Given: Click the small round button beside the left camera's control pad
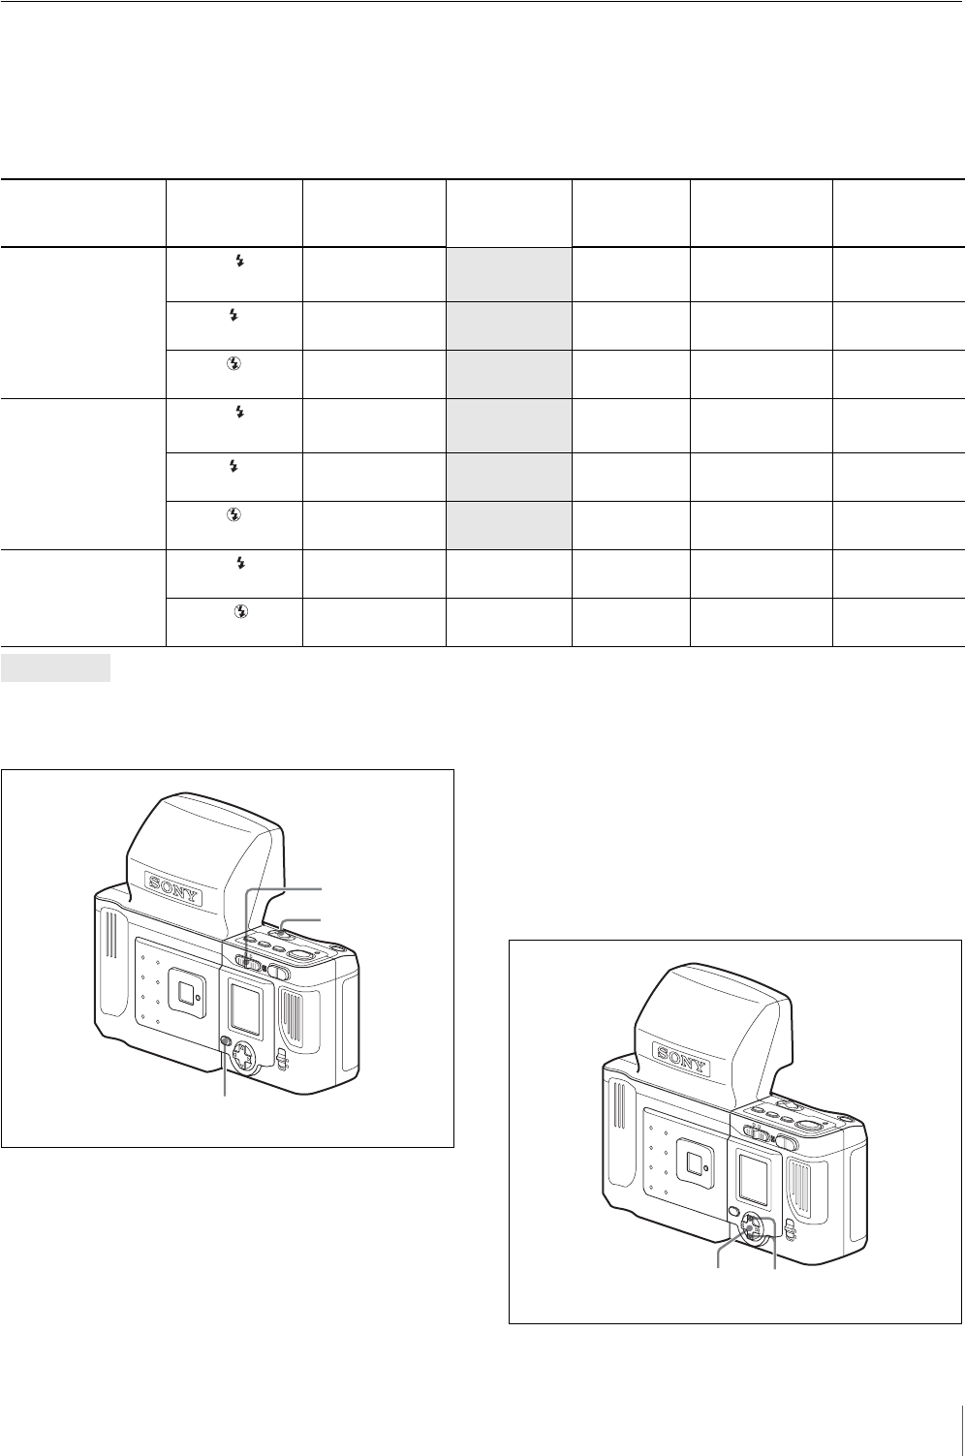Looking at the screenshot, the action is [x=226, y=1040].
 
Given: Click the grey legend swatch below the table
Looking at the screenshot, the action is [x=55, y=667].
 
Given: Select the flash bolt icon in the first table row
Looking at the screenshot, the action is [x=240, y=261].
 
